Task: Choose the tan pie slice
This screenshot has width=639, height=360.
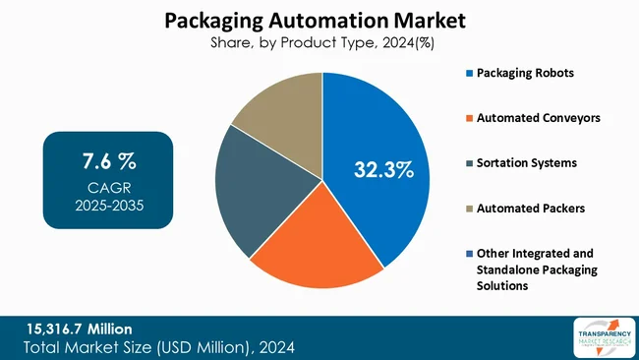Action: click(x=280, y=108)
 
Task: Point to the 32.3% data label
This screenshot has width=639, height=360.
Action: click(x=383, y=170)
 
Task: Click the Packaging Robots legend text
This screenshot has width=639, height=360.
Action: click(x=526, y=74)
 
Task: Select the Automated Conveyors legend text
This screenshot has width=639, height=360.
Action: click(x=538, y=118)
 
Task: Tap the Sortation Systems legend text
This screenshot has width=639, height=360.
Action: click(x=527, y=162)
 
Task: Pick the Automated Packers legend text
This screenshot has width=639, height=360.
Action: click(x=530, y=208)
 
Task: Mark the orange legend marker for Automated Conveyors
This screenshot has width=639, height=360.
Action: click(x=469, y=118)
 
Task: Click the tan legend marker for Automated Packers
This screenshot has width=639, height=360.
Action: click(x=469, y=208)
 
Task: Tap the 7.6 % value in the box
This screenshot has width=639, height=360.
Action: click(x=108, y=160)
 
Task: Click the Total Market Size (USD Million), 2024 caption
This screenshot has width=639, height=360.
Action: click(x=158, y=347)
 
